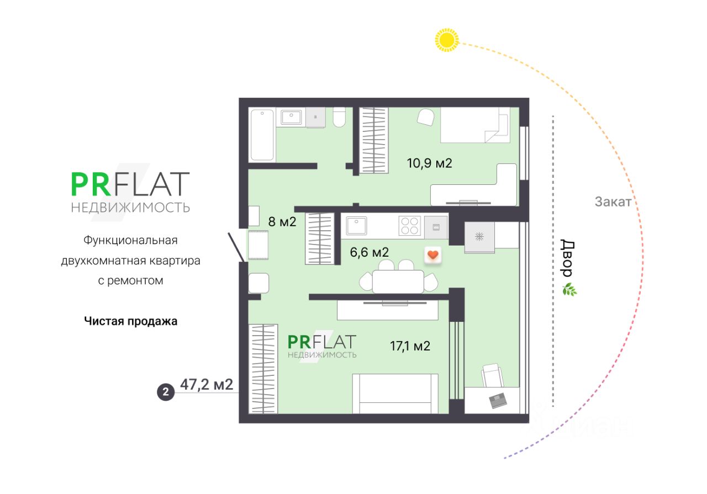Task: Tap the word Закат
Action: pos(613,202)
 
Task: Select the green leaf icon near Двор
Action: pos(569,289)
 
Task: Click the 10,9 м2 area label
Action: pos(429,163)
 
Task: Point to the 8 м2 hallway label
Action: pos(282,222)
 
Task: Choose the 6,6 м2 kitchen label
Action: pos(370,252)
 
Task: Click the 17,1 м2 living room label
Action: pos(410,346)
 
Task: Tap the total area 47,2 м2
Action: pos(207,385)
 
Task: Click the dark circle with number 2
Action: pos(166,392)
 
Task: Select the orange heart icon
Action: pos(433,255)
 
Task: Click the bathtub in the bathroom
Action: pos(262,135)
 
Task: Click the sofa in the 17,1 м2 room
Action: pos(395,394)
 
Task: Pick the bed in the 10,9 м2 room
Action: pos(474,125)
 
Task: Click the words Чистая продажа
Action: pos(131,321)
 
